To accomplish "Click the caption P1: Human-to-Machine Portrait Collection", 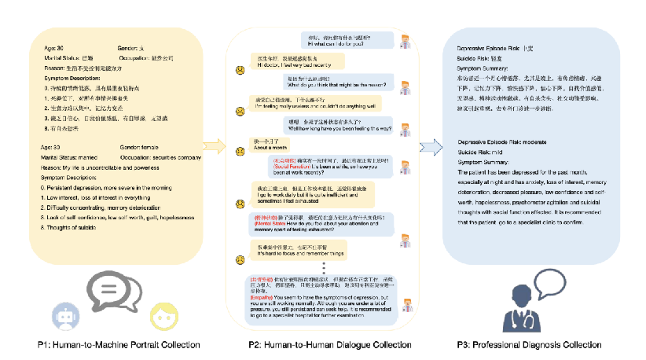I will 118,344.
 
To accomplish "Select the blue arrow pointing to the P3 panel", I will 430,145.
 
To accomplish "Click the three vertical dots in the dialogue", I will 324,265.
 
